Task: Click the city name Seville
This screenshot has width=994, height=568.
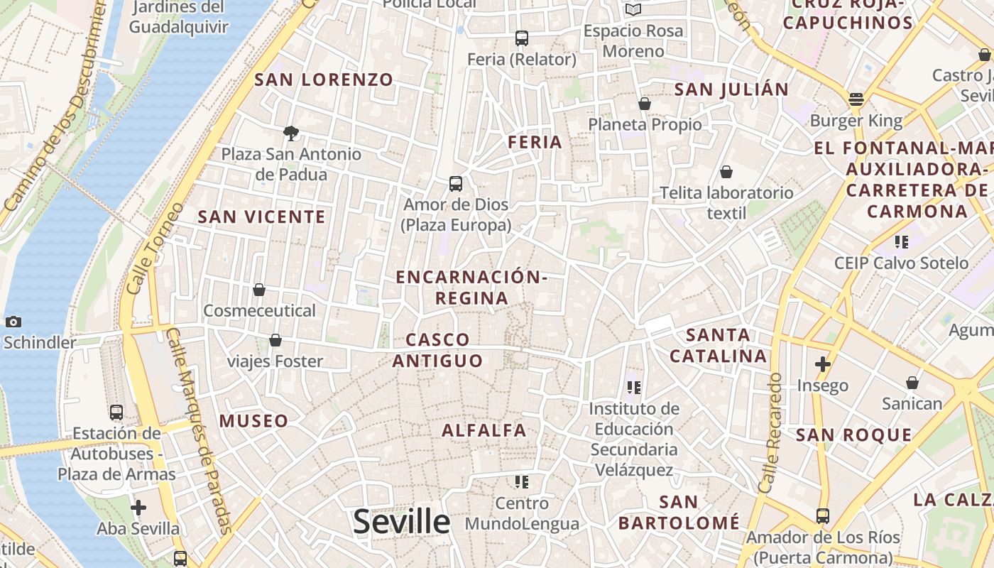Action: [x=401, y=522]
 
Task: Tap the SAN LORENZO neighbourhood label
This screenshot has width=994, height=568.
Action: [x=324, y=80]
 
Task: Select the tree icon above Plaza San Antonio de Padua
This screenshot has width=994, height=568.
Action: [x=290, y=132]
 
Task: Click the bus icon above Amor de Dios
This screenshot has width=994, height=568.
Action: [x=456, y=184]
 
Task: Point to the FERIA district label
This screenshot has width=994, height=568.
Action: [x=535, y=142]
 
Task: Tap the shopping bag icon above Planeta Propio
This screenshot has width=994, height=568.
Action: [x=645, y=104]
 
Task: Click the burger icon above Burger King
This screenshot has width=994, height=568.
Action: [x=856, y=99]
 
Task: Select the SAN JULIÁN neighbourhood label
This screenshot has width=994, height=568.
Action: [x=731, y=89]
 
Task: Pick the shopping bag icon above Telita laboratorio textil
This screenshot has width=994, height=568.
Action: [x=726, y=172]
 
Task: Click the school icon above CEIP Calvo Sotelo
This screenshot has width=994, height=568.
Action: [x=902, y=242]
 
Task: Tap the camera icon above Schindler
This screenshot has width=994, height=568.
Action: [x=13, y=322]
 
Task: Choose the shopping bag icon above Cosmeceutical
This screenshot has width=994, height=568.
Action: [x=259, y=290]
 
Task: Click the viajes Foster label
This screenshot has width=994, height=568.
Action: [x=275, y=361]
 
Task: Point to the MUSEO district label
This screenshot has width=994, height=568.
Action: [x=253, y=421]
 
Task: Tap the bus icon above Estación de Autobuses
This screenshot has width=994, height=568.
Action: [x=116, y=412]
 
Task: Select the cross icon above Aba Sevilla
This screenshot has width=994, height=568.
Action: [x=138, y=508]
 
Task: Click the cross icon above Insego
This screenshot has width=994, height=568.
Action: [x=823, y=365]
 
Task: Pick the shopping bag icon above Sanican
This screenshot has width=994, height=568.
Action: [x=912, y=383]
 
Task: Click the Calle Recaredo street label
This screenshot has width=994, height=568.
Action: [x=770, y=433]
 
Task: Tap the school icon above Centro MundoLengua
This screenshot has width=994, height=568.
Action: [x=522, y=483]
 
